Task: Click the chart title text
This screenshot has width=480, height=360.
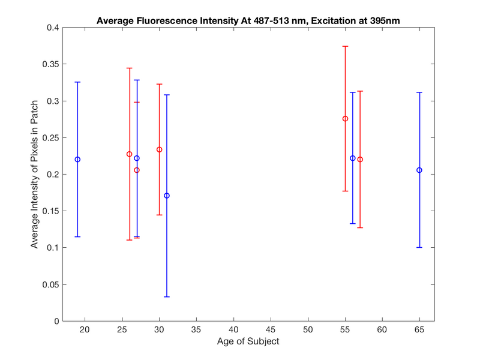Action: [x=248, y=21]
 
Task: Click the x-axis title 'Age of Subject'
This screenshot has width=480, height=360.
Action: [x=248, y=341]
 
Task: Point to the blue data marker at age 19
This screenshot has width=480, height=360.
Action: [x=77, y=160]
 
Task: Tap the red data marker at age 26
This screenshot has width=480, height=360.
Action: [x=130, y=154]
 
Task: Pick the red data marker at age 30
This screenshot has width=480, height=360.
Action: [x=159, y=149]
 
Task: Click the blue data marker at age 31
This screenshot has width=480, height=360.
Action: [x=167, y=196]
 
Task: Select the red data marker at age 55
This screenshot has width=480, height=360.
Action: [x=345, y=119]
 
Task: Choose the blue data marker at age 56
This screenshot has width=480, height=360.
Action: [x=353, y=158]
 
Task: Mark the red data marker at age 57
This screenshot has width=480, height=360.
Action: [x=360, y=160]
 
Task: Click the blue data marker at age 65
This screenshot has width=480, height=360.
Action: [x=419, y=170]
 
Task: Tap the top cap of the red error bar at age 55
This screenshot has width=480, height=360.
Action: [x=345, y=46]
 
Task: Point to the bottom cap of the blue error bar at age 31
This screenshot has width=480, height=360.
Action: [x=167, y=296]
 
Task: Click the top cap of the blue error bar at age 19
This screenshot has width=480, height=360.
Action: [x=77, y=82]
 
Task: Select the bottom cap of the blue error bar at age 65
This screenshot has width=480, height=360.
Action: [x=419, y=247]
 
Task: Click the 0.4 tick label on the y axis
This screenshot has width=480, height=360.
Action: [x=52, y=28]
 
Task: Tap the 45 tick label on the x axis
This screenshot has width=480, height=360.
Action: [x=271, y=329]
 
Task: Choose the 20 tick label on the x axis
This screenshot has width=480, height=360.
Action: [x=85, y=329]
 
